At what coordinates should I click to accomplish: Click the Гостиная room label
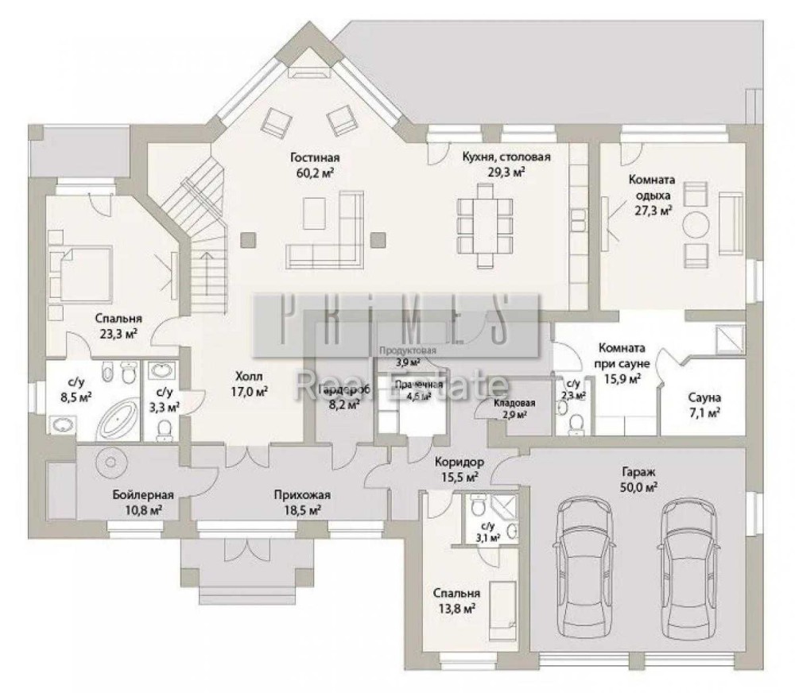point(320,157)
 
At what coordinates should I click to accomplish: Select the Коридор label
point(460,463)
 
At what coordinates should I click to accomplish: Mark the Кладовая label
point(514,403)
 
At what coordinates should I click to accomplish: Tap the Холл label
point(249,376)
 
